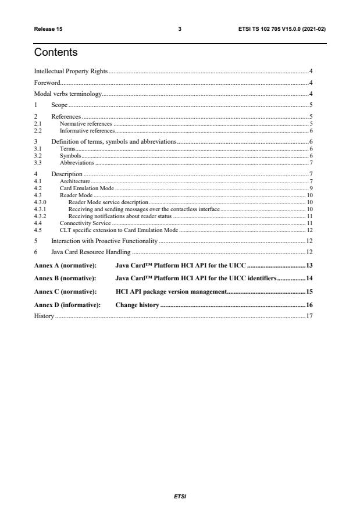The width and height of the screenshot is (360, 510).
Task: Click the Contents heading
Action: (56, 53)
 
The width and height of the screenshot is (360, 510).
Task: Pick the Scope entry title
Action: (59, 105)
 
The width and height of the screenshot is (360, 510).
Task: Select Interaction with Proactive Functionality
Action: (104, 240)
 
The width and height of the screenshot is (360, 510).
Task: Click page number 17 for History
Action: (310, 316)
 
